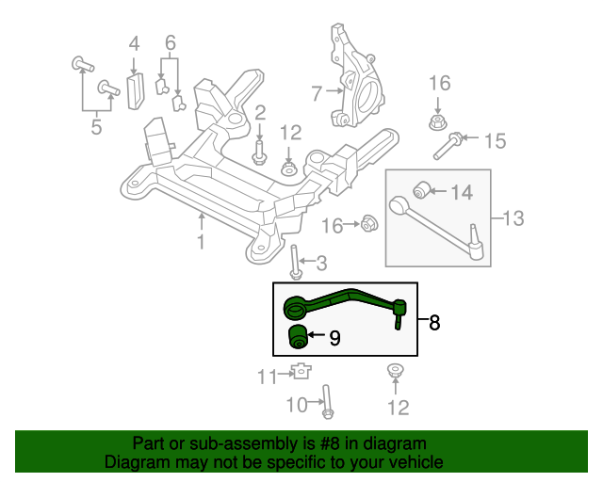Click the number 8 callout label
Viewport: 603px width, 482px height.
click(x=434, y=323)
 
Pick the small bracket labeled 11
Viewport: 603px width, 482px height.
click(x=301, y=371)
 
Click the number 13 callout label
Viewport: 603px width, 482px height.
click(x=512, y=219)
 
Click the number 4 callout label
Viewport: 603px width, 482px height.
click(x=134, y=42)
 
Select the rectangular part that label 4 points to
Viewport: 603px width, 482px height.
click(x=134, y=92)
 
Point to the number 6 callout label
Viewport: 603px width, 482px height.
click(x=171, y=42)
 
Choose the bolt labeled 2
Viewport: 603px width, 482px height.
click(x=259, y=148)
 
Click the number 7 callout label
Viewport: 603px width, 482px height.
click(x=317, y=92)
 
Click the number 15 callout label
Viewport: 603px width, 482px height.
click(x=495, y=141)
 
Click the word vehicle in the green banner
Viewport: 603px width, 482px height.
click(x=415, y=462)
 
